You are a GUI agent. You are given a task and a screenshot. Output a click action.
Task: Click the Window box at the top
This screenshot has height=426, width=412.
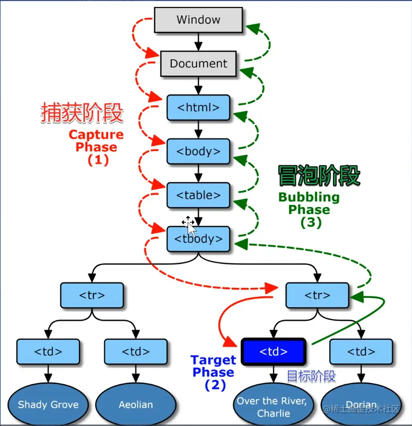[x=199, y=20]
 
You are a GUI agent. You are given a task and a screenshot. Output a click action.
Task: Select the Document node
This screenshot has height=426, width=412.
[x=199, y=64]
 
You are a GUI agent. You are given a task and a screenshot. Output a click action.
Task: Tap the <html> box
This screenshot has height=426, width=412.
[x=199, y=108]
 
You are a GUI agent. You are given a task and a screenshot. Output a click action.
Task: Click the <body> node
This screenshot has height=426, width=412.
[x=199, y=151]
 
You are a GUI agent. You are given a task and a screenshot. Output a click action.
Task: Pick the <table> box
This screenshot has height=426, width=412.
[x=199, y=195]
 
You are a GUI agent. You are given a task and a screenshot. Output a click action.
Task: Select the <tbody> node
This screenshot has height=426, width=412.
[x=199, y=239]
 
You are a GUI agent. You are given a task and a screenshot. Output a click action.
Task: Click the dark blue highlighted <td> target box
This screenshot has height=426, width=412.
[x=274, y=352]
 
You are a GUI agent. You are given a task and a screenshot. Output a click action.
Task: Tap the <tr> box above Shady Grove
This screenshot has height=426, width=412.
[x=92, y=295]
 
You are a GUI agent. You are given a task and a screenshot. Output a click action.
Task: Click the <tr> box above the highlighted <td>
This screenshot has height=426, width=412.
[x=318, y=295]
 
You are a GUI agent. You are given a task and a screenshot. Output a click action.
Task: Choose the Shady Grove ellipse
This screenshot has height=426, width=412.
[x=48, y=405]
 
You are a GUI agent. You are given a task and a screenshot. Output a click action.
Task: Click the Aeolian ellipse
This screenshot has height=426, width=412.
[x=136, y=405]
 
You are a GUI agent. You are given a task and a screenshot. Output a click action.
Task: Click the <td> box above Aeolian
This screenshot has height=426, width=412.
[x=136, y=352]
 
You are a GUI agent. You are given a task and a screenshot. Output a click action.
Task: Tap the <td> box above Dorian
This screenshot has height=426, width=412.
[x=361, y=352]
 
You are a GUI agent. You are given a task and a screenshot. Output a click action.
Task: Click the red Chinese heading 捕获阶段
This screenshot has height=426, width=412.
[x=82, y=114]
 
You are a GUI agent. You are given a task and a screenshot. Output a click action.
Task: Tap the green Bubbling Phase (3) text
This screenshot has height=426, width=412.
[x=309, y=209]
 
